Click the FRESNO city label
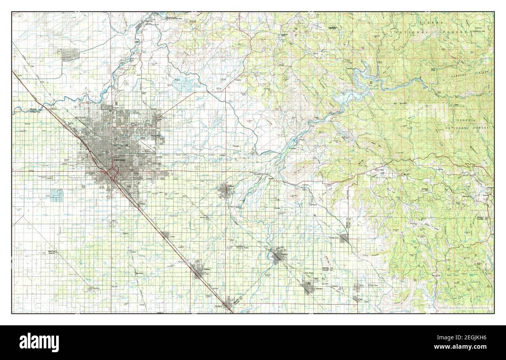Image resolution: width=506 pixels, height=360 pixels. click(x=119, y=160)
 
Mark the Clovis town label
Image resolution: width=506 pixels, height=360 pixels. click(x=158, y=120)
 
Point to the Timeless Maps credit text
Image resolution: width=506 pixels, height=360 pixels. click(x=463, y=308)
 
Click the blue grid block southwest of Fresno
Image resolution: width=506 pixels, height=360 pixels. click(x=57, y=195)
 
